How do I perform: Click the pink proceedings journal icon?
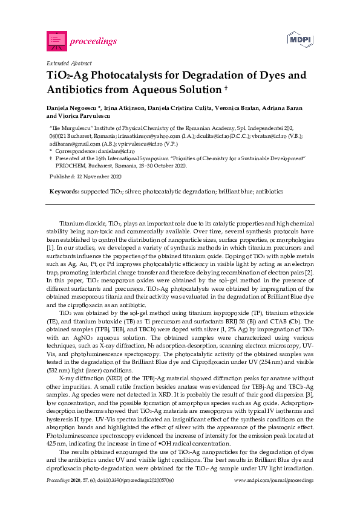[56, 40]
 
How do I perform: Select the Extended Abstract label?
[69, 63]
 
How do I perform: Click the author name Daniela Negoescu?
[72, 107]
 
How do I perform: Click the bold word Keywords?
[64, 191]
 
